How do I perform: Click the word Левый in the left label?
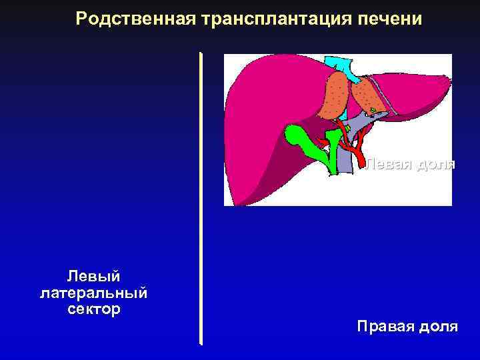pyautogui.click(x=93, y=275)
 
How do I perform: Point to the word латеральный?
pyautogui.click(x=94, y=292)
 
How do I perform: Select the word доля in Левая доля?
pyautogui.click(x=435, y=163)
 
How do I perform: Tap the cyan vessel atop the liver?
pyautogui.click(x=339, y=65)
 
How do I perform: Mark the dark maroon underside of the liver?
pyautogui.click(x=267, y=167)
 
